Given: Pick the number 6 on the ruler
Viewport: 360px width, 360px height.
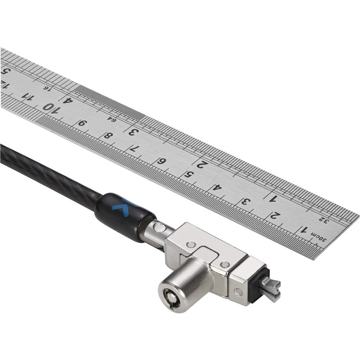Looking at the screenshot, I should click(161, 161).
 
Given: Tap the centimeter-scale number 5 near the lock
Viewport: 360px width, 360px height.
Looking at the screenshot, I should click(188, 174).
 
